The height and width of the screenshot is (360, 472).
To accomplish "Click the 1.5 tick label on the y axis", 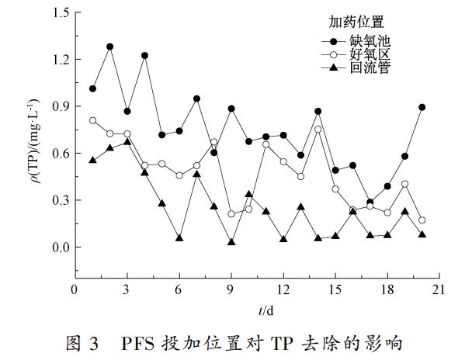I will pos(59,12).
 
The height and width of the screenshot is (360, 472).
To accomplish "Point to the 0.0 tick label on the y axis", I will pos(59,247).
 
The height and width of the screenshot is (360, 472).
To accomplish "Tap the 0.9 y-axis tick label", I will pos(59,106).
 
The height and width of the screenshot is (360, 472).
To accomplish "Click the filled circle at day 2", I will pos(110,47).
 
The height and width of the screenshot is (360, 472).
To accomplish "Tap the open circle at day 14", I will pos(318,130).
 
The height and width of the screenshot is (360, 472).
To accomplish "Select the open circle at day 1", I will pos(92,120).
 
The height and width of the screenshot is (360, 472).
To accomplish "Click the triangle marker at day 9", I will pos(231,242).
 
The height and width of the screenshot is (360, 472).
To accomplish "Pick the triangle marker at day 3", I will pos(127,142).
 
